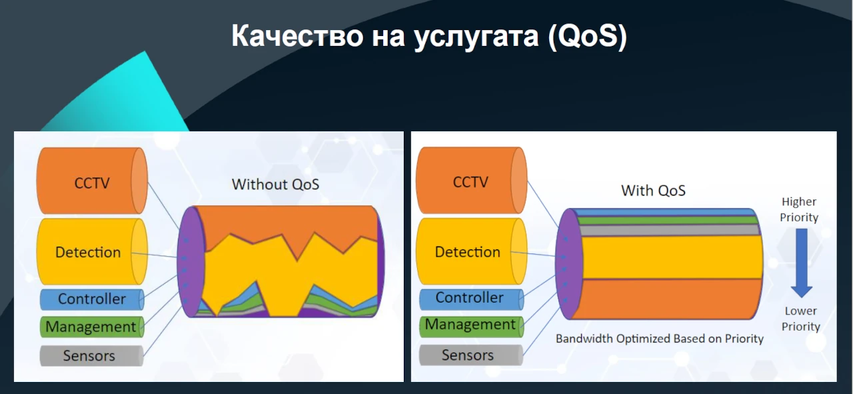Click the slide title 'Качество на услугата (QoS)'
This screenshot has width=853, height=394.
point(429,36)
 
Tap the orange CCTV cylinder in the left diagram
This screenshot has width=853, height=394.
point(92,181)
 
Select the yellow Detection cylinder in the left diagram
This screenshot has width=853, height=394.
point(92,251)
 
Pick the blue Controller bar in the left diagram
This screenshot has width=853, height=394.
point(92,299)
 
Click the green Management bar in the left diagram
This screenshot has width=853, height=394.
point(92,327)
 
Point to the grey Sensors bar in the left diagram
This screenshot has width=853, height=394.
point(91,355)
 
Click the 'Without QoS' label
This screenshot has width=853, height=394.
point(275,185)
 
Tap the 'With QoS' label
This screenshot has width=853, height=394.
point(653,191)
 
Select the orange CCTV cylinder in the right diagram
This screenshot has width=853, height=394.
point(471,180)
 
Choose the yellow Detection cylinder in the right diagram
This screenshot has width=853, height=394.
point(471,251)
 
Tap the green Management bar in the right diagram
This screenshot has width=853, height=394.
point(471,326)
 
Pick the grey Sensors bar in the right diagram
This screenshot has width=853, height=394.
point(470,355)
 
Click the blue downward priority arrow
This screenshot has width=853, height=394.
point(801,263)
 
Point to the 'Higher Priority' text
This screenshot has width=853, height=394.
point(799,209)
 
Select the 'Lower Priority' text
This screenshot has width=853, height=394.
point(800,319)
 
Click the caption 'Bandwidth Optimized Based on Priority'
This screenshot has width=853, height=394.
point(660,339)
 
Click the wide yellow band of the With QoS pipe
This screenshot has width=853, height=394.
point(672,257)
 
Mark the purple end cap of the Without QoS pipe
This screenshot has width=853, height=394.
point(191,262)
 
